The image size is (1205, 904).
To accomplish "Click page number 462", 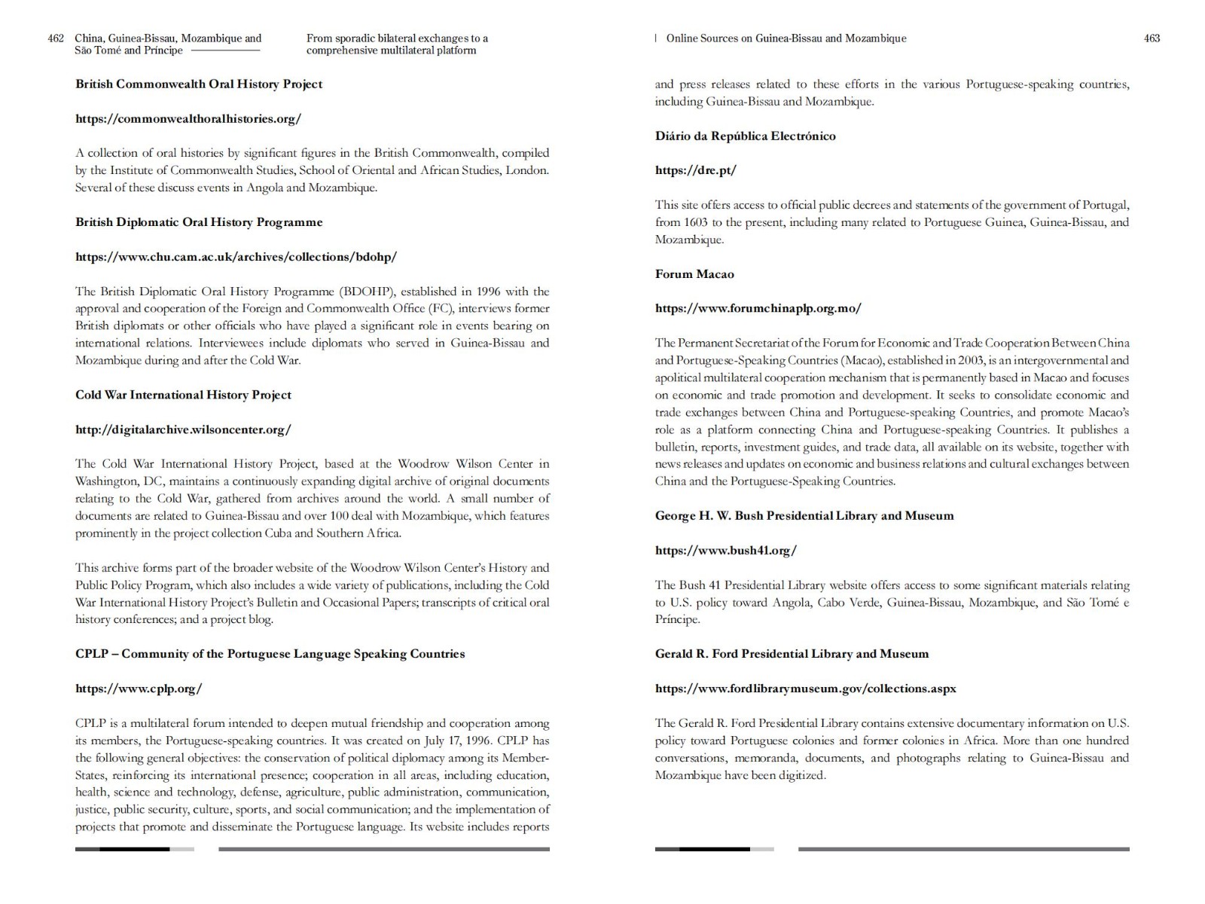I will [56, 38].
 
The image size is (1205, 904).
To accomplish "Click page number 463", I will [1152, 38].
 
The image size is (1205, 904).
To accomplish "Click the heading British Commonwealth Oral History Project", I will [199, 84].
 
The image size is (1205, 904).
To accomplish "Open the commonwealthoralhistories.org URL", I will [188, 119].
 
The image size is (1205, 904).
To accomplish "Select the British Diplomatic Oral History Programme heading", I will [199, 222].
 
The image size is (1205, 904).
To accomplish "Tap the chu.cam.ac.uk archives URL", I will [236, 257].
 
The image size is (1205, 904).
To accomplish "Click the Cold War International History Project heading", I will [183, 395].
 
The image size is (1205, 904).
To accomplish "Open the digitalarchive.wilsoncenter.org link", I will [183, 430].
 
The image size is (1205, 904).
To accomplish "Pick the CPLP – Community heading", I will [270, 654].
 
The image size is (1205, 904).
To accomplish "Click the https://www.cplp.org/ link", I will [139, 689].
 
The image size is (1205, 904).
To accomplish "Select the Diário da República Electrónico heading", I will [745, 136].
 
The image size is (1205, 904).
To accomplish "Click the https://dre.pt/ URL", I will [695, 171].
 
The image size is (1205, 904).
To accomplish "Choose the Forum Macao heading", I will [694, 274].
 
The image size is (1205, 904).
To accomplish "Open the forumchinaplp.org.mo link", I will [758, 309].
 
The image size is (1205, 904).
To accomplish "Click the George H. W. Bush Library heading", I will [804, 516].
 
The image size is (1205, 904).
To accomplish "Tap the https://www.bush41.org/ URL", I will [725, 551].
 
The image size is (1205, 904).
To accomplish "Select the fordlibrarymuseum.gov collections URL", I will [805, 689].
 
